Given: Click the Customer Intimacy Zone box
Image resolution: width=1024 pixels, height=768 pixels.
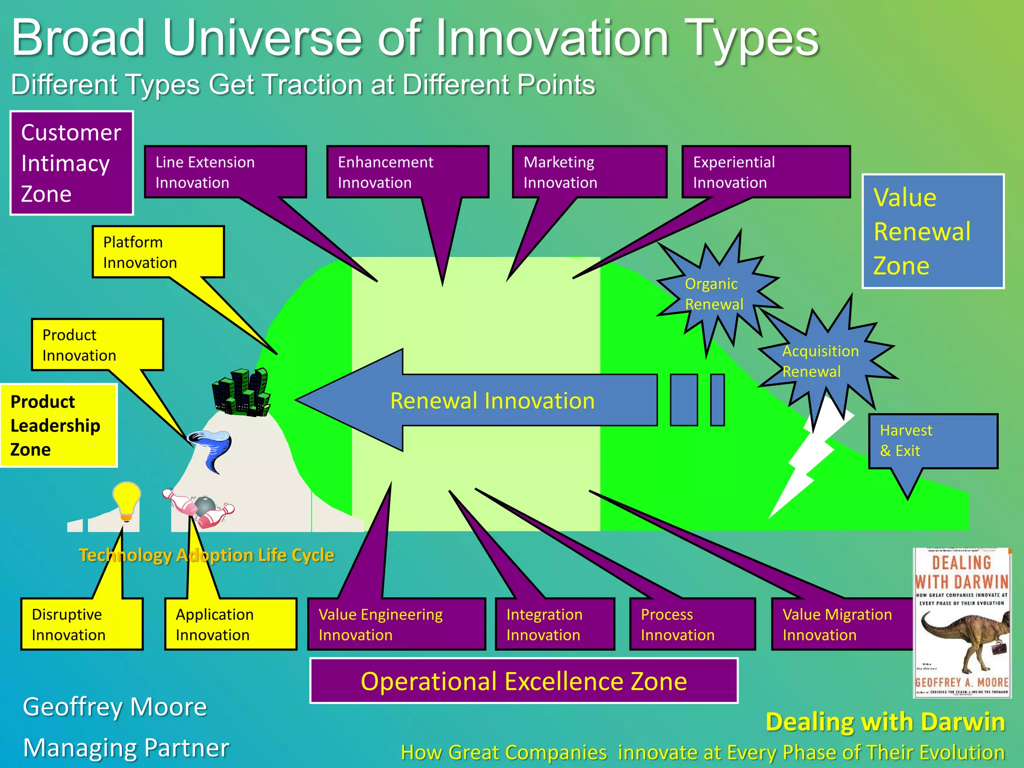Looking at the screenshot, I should coord(71,163).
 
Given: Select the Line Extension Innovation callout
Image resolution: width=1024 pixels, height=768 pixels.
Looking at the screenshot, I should coord(225,172).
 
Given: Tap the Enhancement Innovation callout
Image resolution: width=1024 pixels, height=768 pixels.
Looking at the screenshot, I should coord(407,172).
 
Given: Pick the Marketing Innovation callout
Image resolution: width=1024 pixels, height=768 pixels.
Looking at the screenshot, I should coord(589,172).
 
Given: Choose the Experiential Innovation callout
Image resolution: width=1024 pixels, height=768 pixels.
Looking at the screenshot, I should coord(765,172).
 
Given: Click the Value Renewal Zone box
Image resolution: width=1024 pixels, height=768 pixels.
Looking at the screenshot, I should coord(932,231).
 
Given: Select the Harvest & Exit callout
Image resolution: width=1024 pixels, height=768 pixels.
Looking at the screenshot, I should coord(932,440).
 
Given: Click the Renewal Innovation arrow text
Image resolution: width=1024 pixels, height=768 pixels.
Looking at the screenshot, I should coord(492,401).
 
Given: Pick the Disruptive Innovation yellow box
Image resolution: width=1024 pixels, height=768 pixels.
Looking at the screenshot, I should coord(81,624).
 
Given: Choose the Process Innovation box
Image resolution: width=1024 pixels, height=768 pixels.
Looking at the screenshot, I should coord(692,624).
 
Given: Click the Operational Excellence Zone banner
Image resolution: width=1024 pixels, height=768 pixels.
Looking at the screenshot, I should coord(523,681).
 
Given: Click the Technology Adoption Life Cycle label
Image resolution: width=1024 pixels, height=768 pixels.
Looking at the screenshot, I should coord(206,555).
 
